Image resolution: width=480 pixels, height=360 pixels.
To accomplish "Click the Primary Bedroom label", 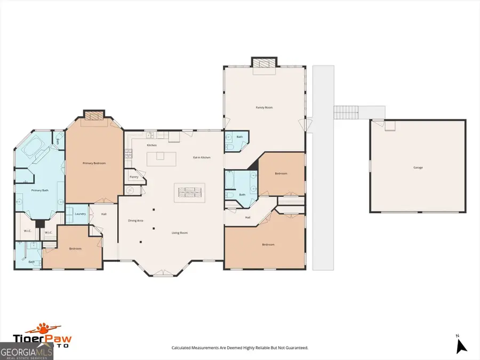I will click(x=94, y=163).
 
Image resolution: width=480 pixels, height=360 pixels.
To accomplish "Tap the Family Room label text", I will click(x=264, y=108).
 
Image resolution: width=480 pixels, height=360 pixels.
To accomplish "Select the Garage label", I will click(x=418, y=167).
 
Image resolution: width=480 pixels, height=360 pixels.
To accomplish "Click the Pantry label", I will click(x=133, y=177).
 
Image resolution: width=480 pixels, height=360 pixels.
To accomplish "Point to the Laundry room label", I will click(x=81, y=214).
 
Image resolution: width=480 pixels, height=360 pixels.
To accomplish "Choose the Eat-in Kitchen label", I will click(x=202, y=157).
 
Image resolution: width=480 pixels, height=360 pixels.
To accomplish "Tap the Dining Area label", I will click(x=135, y=220).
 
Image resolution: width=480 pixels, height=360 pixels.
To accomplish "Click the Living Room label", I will click(x=179, y=233).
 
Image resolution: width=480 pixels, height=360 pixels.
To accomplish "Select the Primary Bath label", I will click(x=40, y=190).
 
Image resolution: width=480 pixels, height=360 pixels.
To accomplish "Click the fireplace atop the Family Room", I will click(x=264, y=63).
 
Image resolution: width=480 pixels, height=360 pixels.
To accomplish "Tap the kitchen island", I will click(x=162, y=158).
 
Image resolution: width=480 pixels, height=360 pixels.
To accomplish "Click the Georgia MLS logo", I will click(x=27, y=351).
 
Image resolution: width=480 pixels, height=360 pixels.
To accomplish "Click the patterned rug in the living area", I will click(x=190, y=191).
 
